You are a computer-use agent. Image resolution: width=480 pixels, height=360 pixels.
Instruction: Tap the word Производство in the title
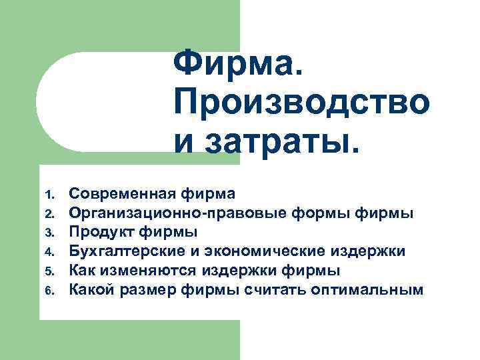click(301, 103)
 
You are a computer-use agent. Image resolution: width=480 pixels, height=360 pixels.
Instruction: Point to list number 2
click(49, 214)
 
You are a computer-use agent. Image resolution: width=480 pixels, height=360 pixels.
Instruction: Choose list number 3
click(49, 233)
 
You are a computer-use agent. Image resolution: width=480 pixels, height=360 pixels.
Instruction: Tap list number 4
click(49, 252)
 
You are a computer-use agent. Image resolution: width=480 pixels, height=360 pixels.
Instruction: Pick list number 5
click(49, 271)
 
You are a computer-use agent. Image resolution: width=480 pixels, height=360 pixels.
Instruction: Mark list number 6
click(49, 290)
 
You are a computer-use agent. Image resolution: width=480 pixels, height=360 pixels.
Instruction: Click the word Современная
click(123, 194)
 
